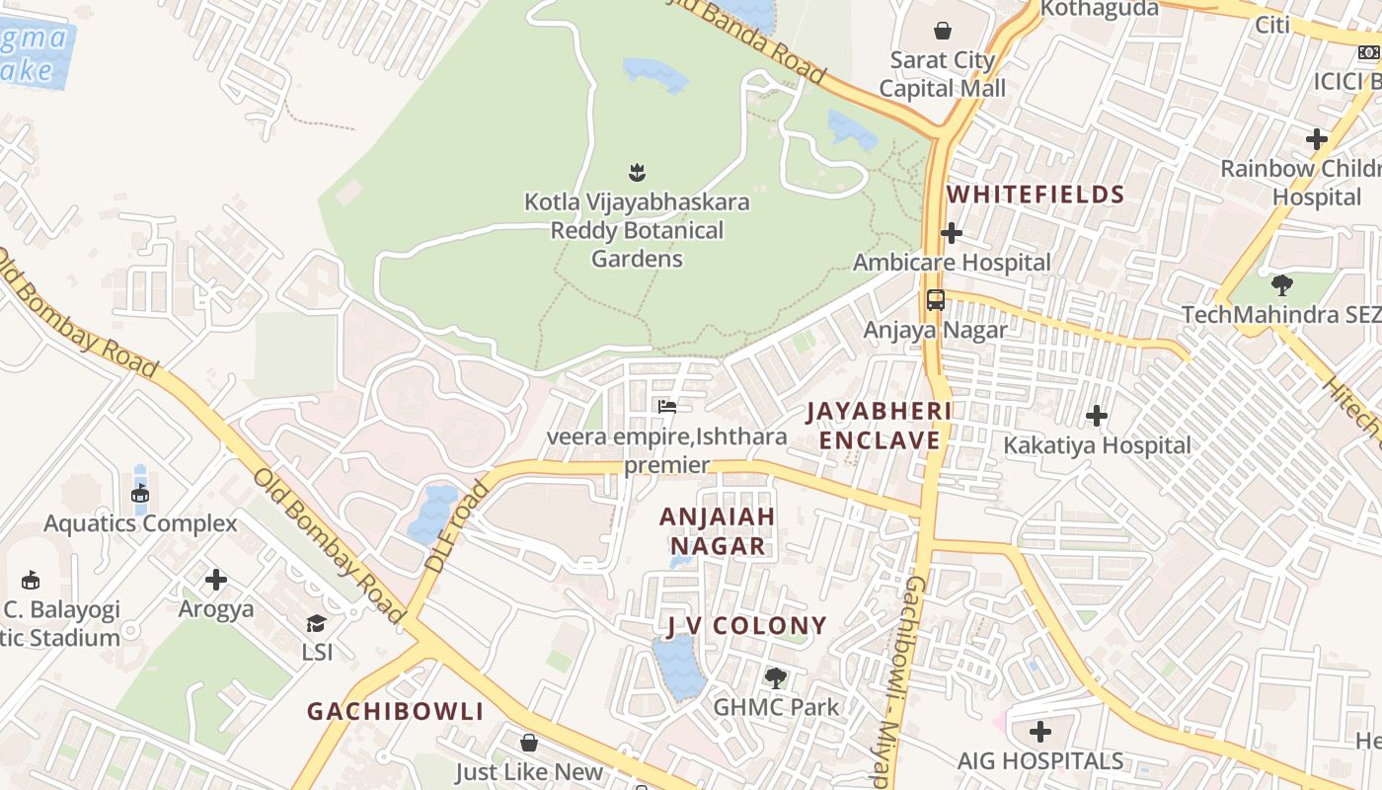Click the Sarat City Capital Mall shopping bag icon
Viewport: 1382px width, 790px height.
click(x=943, y=30)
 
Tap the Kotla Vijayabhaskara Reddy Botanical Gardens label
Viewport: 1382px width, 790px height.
click(x=637, y=230)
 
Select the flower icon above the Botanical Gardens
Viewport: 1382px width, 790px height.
click(x=637, y=173)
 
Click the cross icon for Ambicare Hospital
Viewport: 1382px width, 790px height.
click(x=952, y=233)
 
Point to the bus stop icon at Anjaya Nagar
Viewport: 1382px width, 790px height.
click(x=935, y=300)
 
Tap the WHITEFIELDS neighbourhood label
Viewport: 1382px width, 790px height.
click(x=1036, y=195)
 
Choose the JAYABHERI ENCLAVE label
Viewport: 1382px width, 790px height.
click(x=879, y=425)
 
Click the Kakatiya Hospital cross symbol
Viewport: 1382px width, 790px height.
click(x=1096, y=416)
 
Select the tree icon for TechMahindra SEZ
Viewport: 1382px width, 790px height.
click(x=1281, y=285)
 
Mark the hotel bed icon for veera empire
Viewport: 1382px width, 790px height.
click(x=667, y=406)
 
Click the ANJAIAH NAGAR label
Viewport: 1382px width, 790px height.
click(x=718, y=531)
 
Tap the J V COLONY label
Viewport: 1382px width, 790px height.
click(x=746, y=625)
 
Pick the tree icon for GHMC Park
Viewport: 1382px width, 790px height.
click(x=776, y=677)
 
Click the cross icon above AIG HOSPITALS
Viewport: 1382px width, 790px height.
click(x=1040, y=732)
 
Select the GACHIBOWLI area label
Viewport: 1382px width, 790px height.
click(x=395, y=711)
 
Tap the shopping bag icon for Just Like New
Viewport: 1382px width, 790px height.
click(x=529, y=742)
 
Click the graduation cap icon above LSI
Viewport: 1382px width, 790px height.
click(x=316, y=623)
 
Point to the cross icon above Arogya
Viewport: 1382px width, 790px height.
click(x=216, y=580)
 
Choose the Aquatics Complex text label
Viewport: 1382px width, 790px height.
click(x=140, y=523)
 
